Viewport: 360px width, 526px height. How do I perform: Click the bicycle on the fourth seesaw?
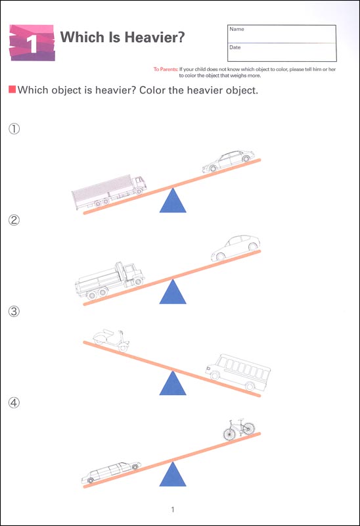tap(239, 429)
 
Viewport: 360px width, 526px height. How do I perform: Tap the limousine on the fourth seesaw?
tap(111, 472)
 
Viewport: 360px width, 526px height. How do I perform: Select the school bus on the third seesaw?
tap(238, 372)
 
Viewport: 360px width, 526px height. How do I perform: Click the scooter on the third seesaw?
tap(111, 340)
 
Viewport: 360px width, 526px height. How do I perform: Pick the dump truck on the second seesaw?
tap(110, 281)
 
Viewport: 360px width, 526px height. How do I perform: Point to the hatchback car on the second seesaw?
tap(236, 248)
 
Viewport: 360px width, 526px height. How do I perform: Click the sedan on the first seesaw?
tap(228, 161)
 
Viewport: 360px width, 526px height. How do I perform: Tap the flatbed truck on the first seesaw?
tap(109, 192)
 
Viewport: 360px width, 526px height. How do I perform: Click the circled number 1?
tap(14, 128)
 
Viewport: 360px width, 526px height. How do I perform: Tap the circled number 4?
tap(14, 402)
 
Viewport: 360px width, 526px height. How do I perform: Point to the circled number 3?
tap(14, 311)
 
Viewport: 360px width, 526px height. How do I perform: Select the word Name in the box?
tap(236, 29)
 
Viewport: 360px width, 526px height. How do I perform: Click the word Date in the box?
tap(235, 47)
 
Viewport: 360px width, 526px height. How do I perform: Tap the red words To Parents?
tap(166, 70)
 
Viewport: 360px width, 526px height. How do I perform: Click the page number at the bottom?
tap(173, 510)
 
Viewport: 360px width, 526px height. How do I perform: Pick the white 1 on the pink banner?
tap(32, 44)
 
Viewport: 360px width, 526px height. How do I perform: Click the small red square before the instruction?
tap(12, 89)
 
